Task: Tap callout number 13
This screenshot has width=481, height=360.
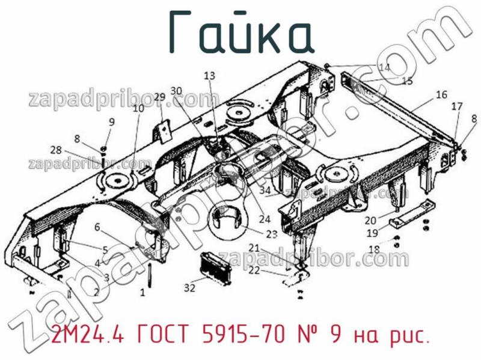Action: (209, 76)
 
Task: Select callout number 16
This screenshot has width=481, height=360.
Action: (441, 94)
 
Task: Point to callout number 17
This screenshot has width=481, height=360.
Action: (457, 107)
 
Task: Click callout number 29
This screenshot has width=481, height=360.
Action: (159, 97)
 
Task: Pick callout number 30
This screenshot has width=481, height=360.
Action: (176, 90)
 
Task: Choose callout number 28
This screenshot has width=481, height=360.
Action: (56, 150)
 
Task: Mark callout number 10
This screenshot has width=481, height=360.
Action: (138, 108)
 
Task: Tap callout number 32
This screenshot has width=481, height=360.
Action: (190, 288)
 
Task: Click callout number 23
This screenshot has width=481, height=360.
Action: (272, 234)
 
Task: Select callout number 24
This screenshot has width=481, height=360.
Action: (265, 219)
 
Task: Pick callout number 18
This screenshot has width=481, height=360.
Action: (374, 249)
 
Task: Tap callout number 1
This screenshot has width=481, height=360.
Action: (142, 293)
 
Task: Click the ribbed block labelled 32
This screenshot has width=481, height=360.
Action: (215, 266)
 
